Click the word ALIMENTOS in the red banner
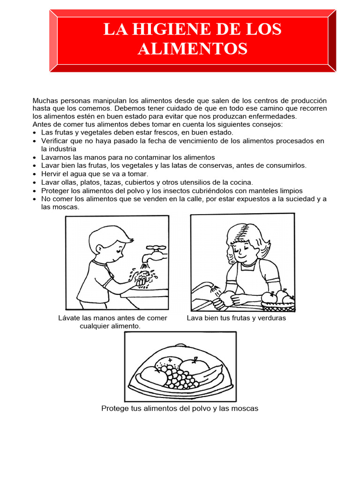192,48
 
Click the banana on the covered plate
205,375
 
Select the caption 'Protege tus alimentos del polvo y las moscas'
180,408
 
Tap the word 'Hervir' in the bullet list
51,174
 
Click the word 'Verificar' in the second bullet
56,141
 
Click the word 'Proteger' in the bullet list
56,191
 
